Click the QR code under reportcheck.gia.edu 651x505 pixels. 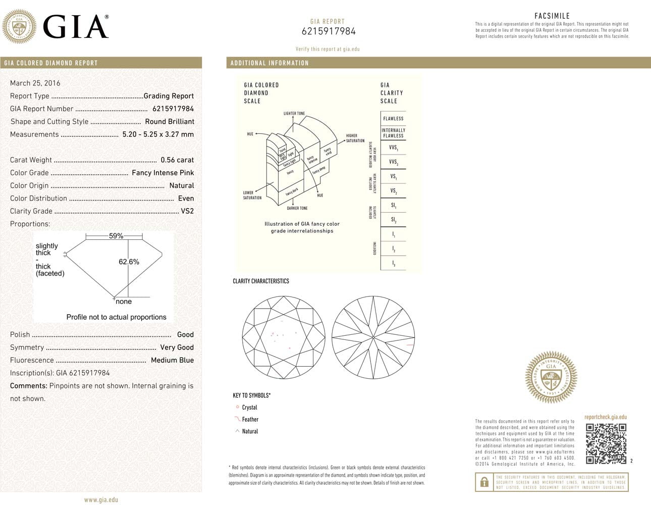pos(606,443)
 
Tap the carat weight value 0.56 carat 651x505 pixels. pos(177,160)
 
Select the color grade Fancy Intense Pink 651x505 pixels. pos(162,173)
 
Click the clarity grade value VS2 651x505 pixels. pos(187,211)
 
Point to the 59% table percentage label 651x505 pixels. pos(116,236)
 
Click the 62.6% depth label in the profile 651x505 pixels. pos(129,262)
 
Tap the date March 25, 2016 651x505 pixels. pos(35,83)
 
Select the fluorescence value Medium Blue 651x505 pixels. pos(172,360)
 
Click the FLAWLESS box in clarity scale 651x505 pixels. pos(393,119)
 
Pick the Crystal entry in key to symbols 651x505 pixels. pos(249,408)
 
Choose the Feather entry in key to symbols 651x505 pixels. pos(250,419)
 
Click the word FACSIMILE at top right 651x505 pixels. pos(552,16)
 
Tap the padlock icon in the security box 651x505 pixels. pos(484,482)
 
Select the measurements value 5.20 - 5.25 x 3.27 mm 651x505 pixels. pos(158,134)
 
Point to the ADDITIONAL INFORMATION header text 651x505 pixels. pos(269,63)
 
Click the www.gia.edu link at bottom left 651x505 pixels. pos(101,499)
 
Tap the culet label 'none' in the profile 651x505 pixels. pos(124,301)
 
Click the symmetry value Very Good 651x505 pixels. pos(177,347)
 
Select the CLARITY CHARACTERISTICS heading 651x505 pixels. pos(261,281)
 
